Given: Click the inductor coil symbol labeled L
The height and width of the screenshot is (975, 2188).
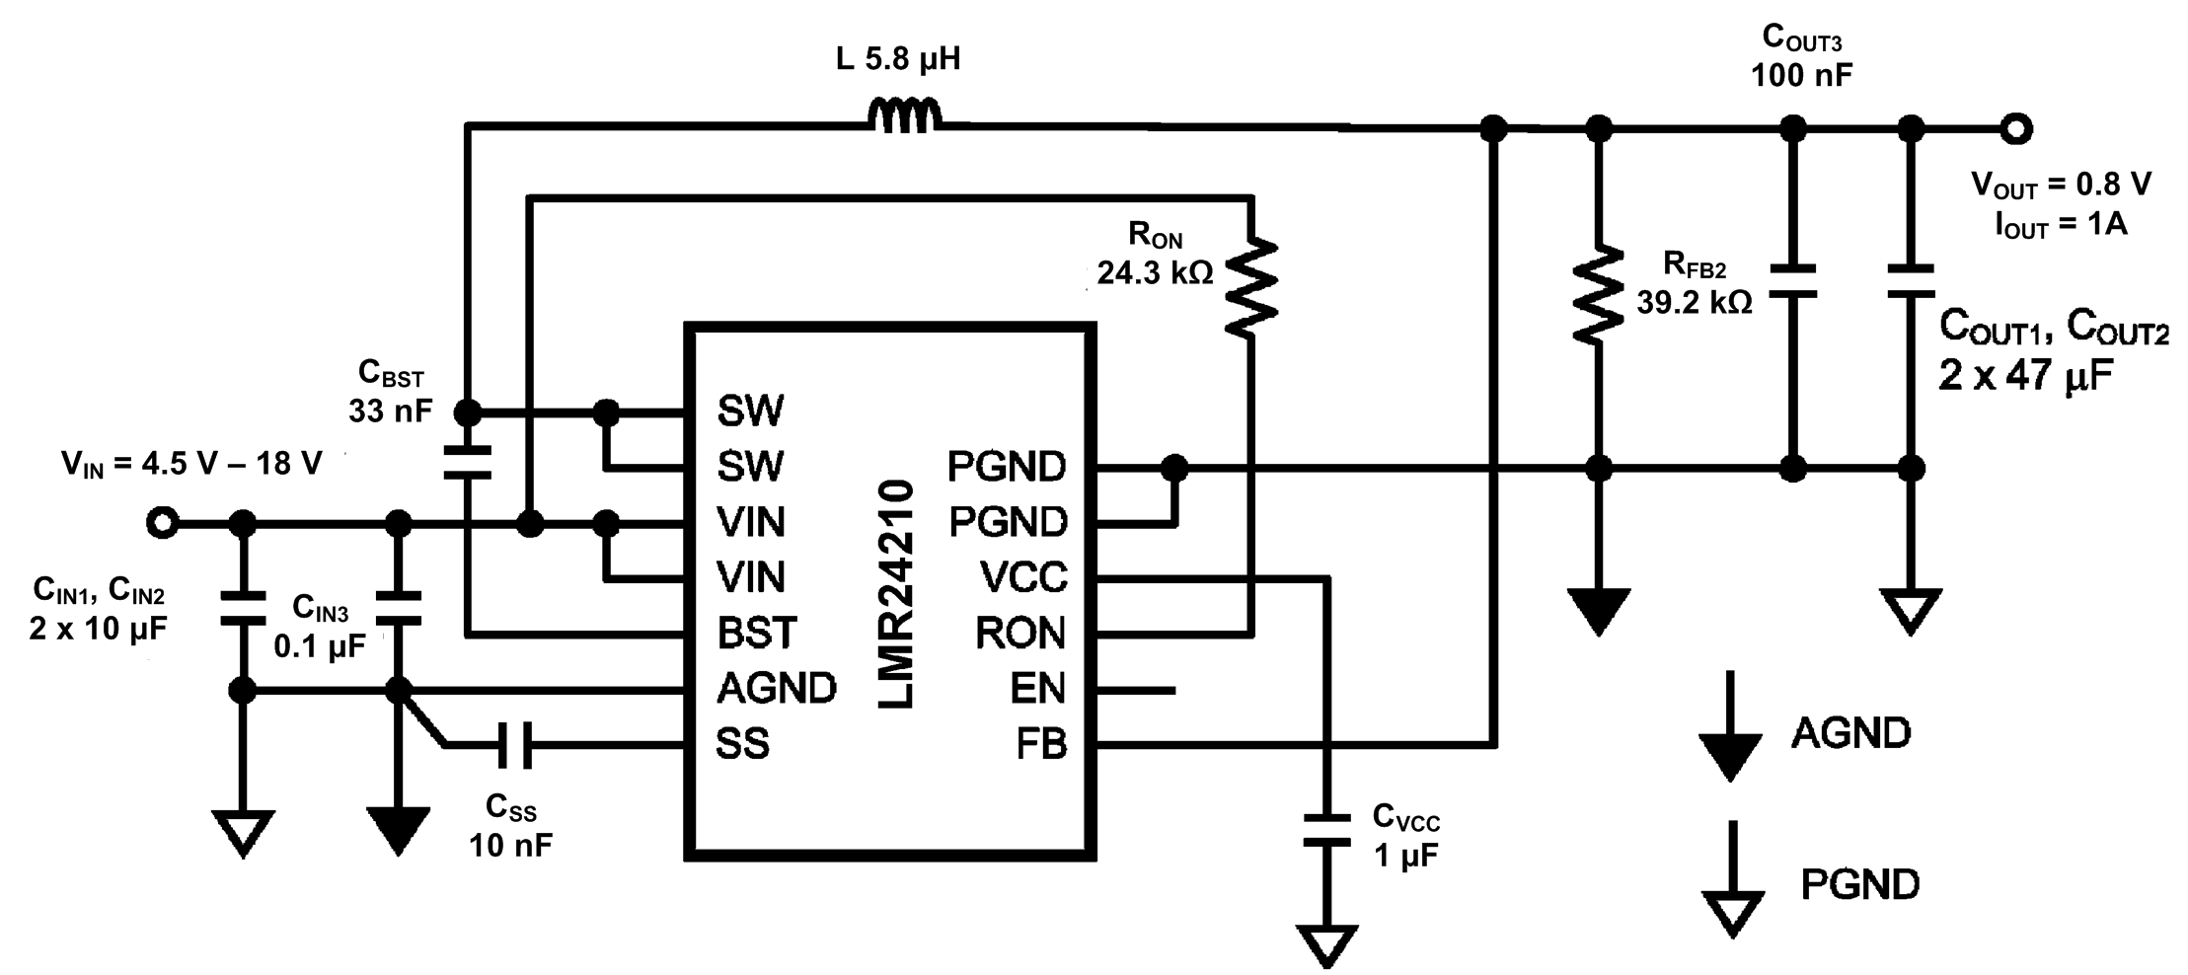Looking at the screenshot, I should (x=904, y=115).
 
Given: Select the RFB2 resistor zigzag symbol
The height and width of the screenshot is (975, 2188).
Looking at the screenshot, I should (x=1598, y=294).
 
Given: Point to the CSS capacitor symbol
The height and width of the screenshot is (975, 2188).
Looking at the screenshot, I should (x=514, y=744).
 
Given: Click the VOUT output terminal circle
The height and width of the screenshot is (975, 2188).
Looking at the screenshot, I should (x=2014, y=128).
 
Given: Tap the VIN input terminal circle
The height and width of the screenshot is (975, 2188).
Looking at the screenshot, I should (x=163, y=523).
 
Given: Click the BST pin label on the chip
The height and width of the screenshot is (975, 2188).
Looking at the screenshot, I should (x=756, y=633).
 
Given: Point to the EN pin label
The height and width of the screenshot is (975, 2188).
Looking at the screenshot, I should (x=1037, y=688).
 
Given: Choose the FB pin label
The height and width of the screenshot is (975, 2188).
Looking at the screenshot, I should (x=1041, y=744).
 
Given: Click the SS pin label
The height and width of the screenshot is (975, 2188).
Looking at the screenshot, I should (x=742, y=744).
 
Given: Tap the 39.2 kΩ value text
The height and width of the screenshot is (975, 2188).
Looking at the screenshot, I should (x=1694, y=302).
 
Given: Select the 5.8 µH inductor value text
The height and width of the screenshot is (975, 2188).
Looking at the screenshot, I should (x=897, y=59).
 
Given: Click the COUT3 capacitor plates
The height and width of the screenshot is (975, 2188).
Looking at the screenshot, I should (x=1792, y=280).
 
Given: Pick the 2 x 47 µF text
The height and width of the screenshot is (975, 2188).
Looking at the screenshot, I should (x=2024, y=376).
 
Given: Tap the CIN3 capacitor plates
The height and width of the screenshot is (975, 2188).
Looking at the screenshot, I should (x=399, y=608).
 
